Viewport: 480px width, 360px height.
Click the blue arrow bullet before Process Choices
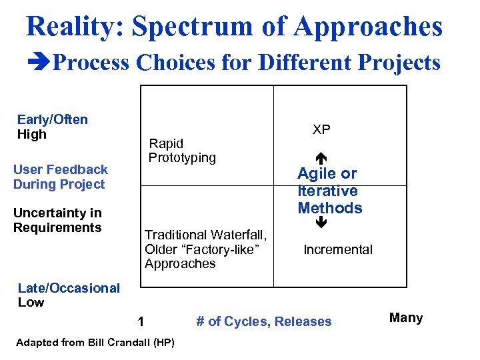pos(40,63)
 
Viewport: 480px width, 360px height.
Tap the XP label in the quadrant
pos(321,130)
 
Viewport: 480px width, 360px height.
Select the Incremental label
pos(338,250)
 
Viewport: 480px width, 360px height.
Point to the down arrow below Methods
pos(321,223)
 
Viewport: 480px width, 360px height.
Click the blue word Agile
pos(317,174)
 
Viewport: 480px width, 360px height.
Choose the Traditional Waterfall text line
pos(205,235)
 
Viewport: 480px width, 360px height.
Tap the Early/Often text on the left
pos(52,120)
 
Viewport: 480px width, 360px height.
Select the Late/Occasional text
pos(69,288)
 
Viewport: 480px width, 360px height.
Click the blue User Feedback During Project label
pos(60,177)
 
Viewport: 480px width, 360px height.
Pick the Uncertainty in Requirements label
pos(57,220)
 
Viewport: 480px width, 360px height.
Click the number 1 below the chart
pos(141,322)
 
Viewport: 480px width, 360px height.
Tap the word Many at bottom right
pos(405,318)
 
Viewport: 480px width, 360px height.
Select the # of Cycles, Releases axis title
pos(263,322)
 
